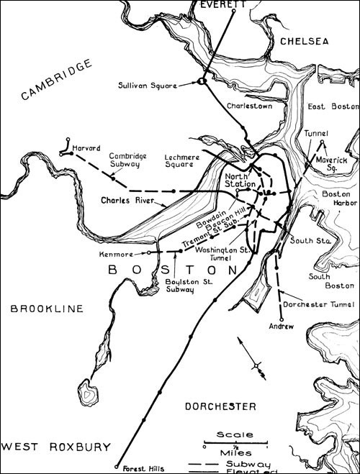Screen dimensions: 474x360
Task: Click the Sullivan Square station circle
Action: click(x=202, y=81)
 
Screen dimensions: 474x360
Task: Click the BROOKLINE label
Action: click(x=46, y=309)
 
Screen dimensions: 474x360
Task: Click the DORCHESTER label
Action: click(x=220, y=406)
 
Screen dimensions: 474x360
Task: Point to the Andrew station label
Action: click(x=282, y=327)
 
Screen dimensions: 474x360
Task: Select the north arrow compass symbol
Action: click(x=255, y=359)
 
